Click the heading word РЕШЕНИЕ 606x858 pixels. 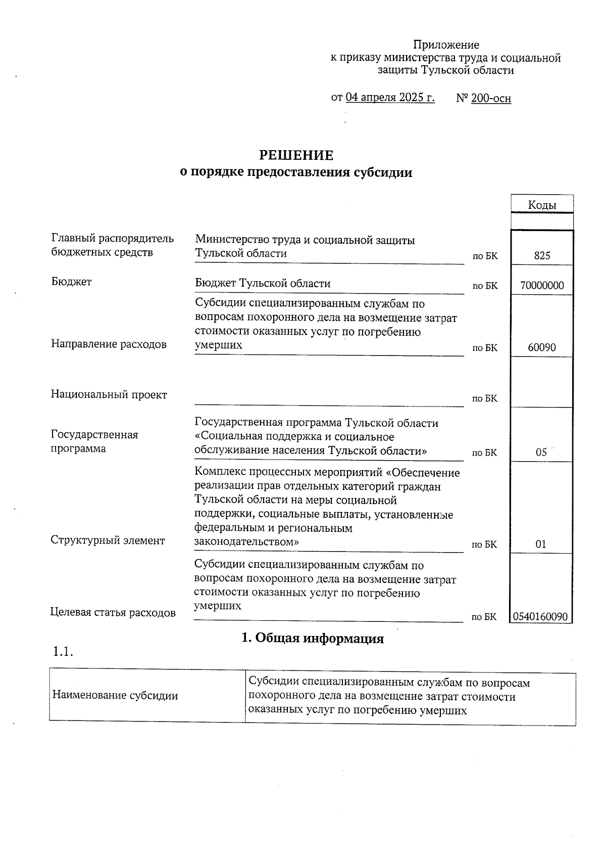point(296,155)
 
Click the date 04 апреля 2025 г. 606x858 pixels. point(390,97)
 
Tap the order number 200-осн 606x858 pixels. point(490,98)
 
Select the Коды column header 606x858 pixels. point(542,205)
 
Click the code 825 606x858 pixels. point(542,256)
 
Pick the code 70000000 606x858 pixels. point(542,286)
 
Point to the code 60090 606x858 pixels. point(542,348)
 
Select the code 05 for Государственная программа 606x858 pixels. point(541,453)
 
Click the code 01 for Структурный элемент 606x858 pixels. point(541,545)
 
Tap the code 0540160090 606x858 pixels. point(540,617)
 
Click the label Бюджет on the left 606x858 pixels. point(71,282)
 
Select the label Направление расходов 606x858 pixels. point(109,345)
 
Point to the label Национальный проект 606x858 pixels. point(109,395)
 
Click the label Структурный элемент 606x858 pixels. point(108,540)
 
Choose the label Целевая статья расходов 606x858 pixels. point(113,613)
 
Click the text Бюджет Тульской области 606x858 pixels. point(263,284)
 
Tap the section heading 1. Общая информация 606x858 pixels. point(313,639)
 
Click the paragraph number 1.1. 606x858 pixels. point(63,652)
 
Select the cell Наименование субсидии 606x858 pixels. point(115,696)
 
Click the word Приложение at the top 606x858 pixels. point(446,45)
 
